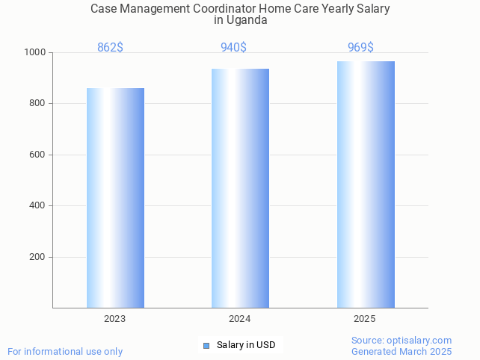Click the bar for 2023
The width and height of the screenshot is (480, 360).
[x=115, y=198]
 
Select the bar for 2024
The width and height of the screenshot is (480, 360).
[x=240, y=188]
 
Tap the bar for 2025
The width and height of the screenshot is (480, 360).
[x=366, y=184]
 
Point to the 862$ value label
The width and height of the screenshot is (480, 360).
[x=110, y=48]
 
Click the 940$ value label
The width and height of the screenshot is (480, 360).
[x=233, y=48]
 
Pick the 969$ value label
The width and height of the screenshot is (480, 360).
[x=360, y=48]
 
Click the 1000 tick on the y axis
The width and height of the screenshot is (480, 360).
[x=35, y=52]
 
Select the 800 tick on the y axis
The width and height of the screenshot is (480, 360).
[x=37, y=103]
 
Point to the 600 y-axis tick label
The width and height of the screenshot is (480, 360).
[x=37, y=155]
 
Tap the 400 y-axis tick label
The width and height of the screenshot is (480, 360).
[x=37, y=205]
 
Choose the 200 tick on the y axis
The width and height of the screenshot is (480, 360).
[x=37, y=257]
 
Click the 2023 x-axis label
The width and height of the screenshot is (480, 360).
[x=115, y=319]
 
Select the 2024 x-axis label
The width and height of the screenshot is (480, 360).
[x=240, y=319]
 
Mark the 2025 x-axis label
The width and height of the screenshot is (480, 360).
[x=365, y=319]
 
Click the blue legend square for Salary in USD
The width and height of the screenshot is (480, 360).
[x=206, y=345]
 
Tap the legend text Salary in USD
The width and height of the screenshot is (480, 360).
[x=246, y=345]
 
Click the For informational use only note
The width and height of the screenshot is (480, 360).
[x=65, y=351]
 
